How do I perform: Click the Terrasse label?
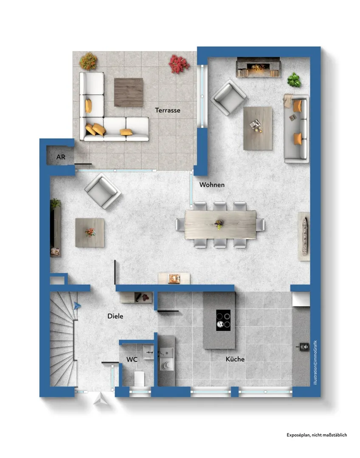coord(168,110)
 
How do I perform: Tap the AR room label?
coord(61,157)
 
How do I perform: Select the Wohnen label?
coord(212,185)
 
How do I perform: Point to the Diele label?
coord(115,316)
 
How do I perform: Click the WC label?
coord(132,360)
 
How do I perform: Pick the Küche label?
coord(235,359)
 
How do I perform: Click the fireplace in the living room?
coord(258,67)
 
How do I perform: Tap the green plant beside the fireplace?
coord(294,80)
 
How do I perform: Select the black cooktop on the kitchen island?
coord(223,320)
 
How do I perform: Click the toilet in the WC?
coord(139,378)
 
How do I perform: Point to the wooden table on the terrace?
coord(129,92)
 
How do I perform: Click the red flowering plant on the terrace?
coord(179,64)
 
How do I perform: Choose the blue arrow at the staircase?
coord(77,306)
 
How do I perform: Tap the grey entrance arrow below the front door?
coord(100,399)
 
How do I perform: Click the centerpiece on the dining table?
coord(219,224)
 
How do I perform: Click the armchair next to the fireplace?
coord(228,98)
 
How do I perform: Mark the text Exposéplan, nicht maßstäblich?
coord(317,435)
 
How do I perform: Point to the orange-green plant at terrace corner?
coord(88,61)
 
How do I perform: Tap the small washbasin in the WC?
coord(148,352)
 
